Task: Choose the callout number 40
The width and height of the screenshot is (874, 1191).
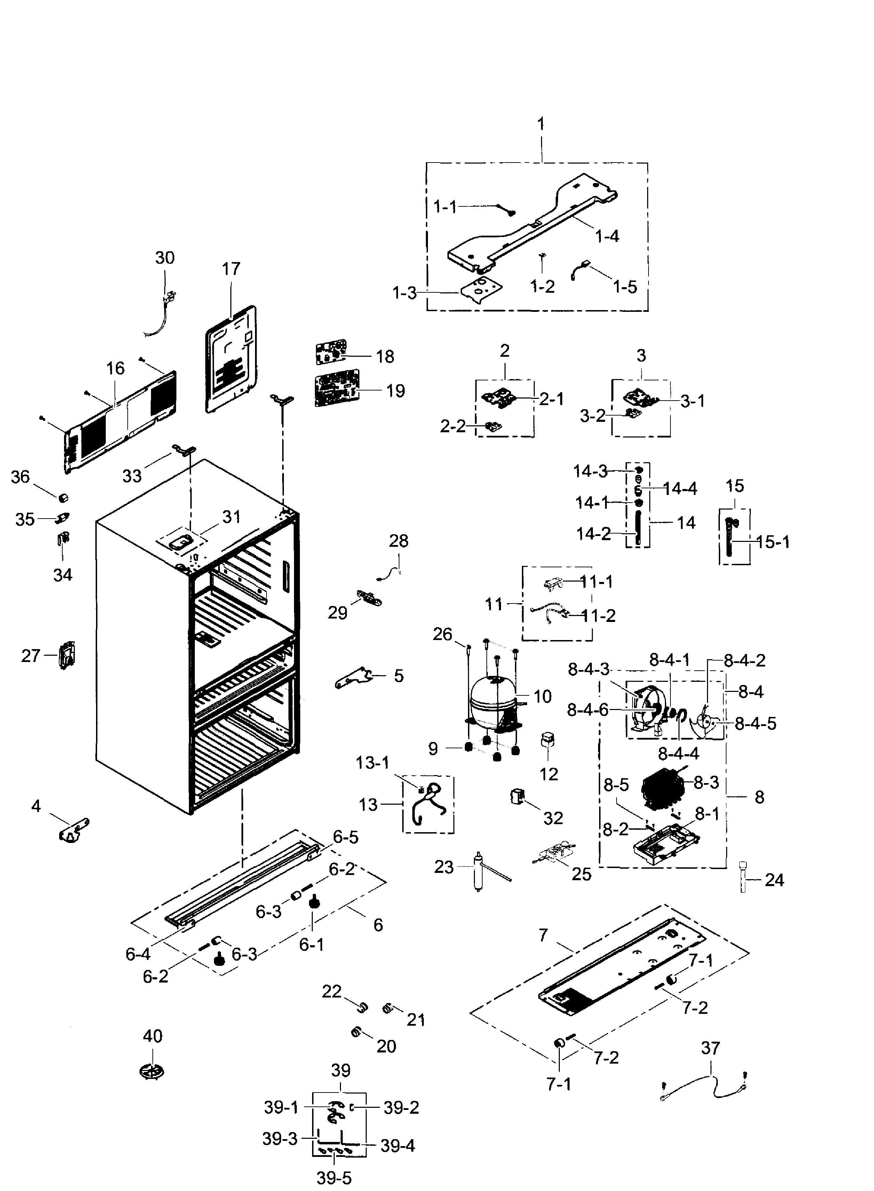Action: (x=152, y=1036)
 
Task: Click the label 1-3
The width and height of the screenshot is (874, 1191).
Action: (x=405, y=293)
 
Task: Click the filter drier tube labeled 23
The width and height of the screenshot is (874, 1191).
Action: (x=479, y=872)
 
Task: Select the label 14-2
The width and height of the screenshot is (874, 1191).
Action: (x=593, y=534)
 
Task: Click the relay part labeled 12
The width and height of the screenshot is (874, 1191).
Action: (x=547, y=739)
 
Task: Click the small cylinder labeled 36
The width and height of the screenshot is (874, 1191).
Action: (x=63, y=498)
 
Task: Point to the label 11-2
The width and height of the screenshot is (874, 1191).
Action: (x=598, y=616)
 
